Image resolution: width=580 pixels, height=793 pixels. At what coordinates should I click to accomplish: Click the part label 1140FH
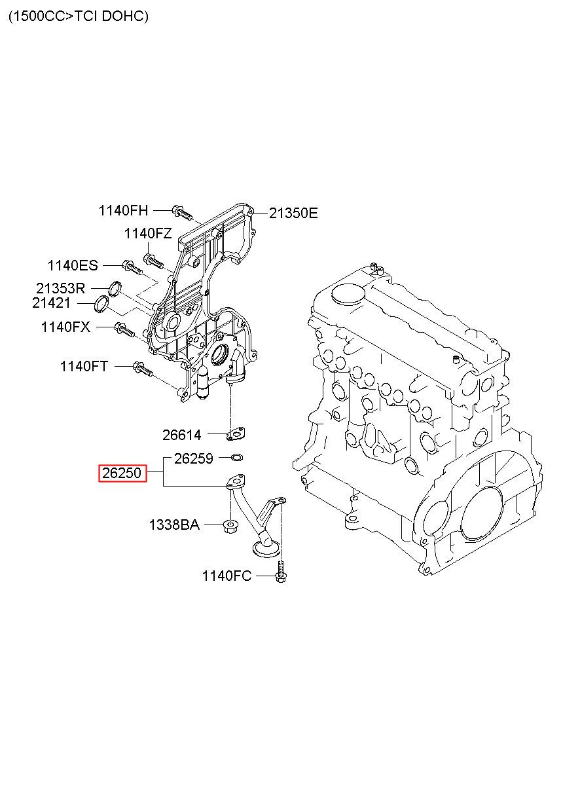123,211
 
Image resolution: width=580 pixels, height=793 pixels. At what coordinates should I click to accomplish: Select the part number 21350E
293,213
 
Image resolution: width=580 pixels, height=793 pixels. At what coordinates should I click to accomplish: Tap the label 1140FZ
147,234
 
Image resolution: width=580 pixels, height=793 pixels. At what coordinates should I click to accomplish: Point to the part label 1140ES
73,265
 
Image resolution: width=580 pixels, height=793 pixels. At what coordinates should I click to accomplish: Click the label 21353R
60,289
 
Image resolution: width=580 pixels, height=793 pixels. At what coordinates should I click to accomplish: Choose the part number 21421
51,303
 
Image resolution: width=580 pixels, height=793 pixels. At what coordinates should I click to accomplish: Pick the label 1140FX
66,327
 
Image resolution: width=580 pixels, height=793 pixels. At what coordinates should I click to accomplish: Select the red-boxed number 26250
122,473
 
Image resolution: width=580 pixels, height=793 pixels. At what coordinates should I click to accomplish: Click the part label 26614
182,435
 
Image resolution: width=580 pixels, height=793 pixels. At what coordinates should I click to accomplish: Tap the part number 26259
194,459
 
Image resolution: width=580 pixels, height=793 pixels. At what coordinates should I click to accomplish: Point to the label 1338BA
174,525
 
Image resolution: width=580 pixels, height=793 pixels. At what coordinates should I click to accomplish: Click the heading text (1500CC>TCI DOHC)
79,16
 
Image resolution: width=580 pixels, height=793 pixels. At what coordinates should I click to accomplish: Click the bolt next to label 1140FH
182,212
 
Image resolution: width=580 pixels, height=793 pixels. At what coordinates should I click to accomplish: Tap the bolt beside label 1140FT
143,369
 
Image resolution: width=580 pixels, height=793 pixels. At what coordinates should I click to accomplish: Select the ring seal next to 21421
102,304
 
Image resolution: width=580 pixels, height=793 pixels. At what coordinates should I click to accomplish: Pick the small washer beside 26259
236,457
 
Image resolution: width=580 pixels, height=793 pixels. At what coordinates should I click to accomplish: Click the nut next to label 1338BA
230,526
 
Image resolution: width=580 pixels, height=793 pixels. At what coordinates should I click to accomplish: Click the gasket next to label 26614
236,434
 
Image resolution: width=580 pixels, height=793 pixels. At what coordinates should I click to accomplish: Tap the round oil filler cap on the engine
348,293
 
